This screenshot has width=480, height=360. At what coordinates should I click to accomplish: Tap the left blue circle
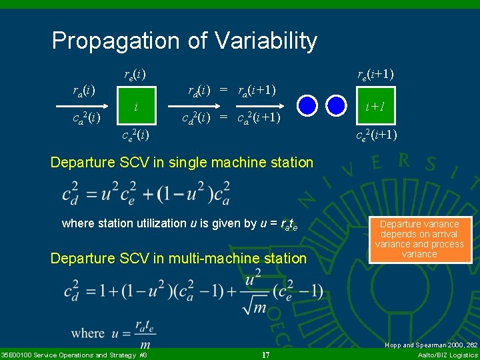pyautogui.click(x=307, y=105)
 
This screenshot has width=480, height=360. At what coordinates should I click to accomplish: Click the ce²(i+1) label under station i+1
pyautogui.click(x=375, y=135)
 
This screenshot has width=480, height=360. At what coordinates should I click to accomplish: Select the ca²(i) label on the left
pyautogui.click(x=86, y=119)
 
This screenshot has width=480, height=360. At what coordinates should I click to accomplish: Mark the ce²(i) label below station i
pyautogui.click(x=135, y=135)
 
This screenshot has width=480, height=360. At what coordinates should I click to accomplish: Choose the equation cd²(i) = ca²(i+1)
pyautogui.click(x=231, y=119)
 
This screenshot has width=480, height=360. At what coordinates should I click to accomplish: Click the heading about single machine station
pyautogui.click(x=182, y=162)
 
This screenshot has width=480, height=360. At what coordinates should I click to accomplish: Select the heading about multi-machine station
pyautogui.click(x=179, y=258)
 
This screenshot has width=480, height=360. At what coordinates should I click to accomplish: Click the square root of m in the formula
pyautogui.click(x=252, y=303)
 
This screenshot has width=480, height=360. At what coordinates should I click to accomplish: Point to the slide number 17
pyautogui.click(x=265, y=355)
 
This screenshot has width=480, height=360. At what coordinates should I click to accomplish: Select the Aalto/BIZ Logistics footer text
pyautogui.click(x=446, y=355)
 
